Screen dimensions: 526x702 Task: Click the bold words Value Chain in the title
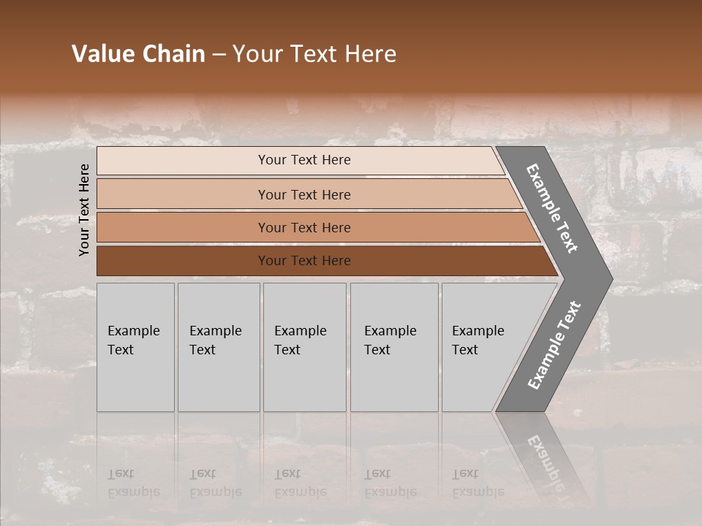138,54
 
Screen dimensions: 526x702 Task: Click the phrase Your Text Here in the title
314,54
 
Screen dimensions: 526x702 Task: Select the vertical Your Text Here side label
84,210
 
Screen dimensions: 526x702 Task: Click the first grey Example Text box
135,347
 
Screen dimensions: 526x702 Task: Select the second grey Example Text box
218,347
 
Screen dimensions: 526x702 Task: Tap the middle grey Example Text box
304,347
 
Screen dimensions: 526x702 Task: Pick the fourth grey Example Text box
393,347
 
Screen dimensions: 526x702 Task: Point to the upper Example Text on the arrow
552,208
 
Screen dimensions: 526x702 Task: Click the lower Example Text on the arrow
554,345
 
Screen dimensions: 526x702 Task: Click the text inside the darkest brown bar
304,261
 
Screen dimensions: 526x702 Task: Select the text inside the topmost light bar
304,160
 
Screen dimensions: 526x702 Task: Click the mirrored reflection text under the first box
133,483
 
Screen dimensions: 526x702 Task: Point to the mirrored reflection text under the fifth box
478,483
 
